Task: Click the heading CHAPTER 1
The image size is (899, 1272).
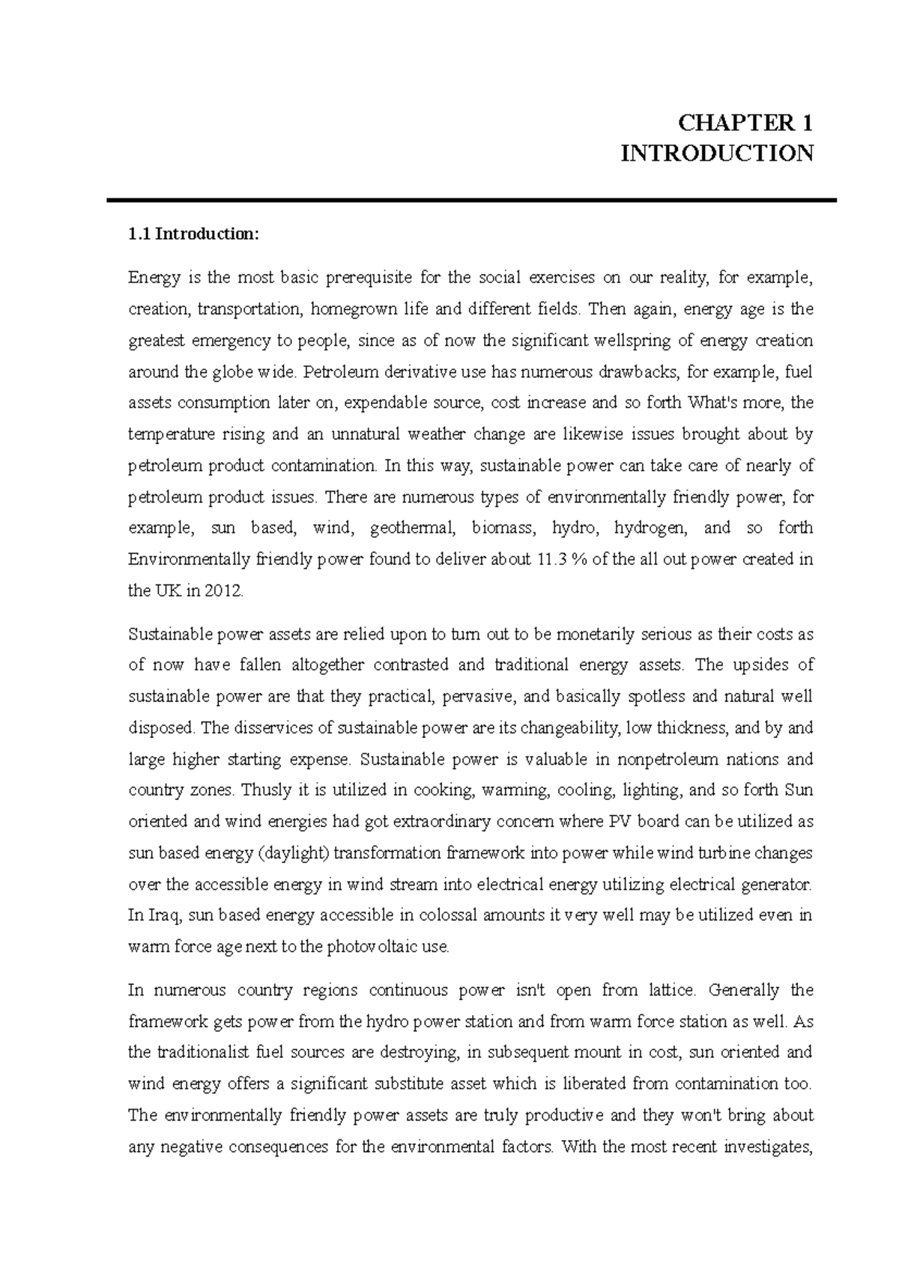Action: [x=745, y=123]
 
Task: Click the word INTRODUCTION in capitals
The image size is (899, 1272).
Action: [x=717, y=154]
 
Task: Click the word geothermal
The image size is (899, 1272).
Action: [x=412, y=528]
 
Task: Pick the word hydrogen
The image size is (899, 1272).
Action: [x=650, y=528]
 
